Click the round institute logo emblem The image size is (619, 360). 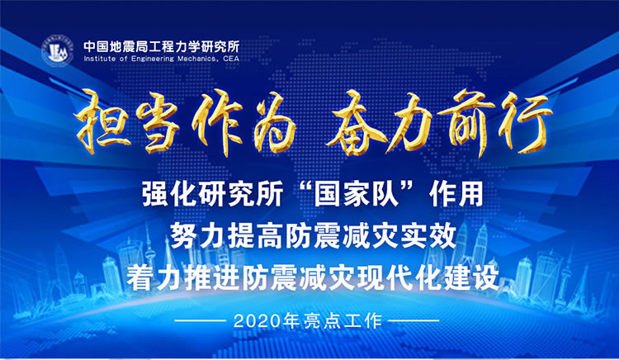point(58,51)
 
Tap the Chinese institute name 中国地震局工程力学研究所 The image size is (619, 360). point(162,46)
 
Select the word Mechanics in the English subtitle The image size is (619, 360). point(196,59)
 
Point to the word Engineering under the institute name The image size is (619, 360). point(153,59)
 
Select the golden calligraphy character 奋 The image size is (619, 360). point(354,122)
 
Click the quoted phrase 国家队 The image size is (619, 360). point(356,193)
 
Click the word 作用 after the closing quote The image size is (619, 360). point(457,194)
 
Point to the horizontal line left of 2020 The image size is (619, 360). point(201,320)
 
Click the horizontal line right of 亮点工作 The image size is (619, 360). point(413,320)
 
